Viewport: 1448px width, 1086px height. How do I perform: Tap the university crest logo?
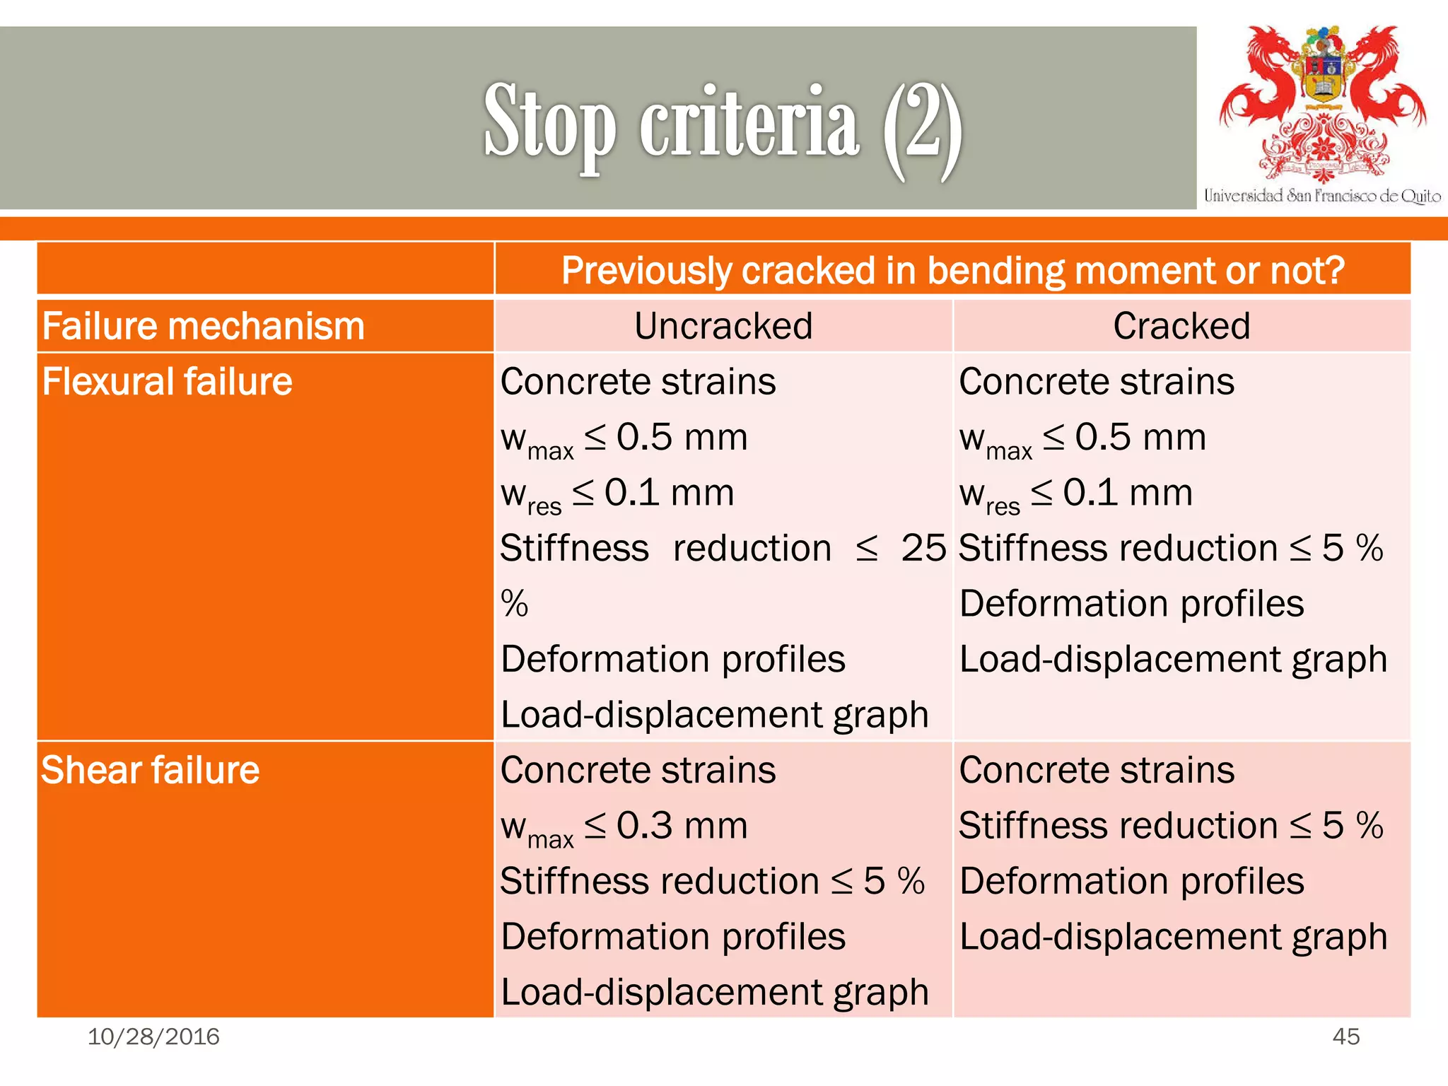coord(1322,103)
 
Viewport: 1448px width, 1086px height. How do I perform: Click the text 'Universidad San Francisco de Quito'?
coord(1322,196)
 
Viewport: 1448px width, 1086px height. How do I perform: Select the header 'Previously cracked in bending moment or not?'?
coord(952,270)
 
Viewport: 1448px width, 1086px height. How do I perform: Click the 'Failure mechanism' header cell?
coord(203,327)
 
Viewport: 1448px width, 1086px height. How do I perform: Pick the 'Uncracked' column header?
coord(723,327)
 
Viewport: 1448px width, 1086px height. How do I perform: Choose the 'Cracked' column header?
coord(1181,327)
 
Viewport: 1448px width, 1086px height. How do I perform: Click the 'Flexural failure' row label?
coord(167,382)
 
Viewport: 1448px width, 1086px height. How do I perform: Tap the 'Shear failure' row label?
coord(150,770)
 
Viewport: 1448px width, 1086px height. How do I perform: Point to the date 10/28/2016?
coord(153,1037)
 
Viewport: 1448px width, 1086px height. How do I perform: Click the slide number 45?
coord(1345,1037)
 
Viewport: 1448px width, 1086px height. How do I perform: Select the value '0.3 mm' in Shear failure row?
coord(682,826)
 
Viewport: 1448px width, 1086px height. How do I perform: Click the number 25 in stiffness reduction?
coord(923,548)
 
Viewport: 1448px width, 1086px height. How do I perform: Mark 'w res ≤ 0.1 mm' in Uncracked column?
coord(617,494)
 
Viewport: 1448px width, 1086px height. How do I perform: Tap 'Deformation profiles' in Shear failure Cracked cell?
coord(1131,881)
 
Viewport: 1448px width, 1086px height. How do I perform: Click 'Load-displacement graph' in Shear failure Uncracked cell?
coord(714,992)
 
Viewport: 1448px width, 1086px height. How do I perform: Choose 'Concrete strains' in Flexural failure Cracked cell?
coord(1097,382)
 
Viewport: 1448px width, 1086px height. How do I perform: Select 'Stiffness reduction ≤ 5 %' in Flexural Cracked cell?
coord(1171,548)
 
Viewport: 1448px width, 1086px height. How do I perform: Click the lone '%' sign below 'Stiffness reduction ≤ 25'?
coord(514,604)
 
